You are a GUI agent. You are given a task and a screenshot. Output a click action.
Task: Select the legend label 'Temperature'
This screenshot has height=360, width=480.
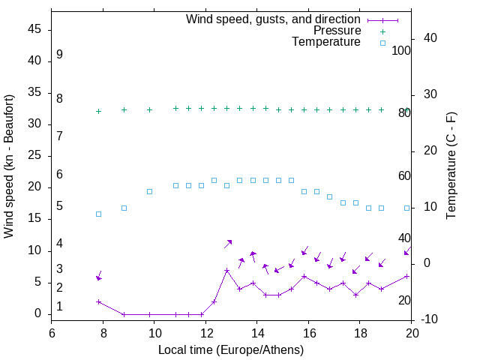click(326, 42)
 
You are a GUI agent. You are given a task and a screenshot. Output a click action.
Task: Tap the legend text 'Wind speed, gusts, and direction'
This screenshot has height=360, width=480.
click(273, 19)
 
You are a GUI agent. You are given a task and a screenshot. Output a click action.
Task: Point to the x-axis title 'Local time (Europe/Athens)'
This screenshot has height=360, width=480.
click(231, 350)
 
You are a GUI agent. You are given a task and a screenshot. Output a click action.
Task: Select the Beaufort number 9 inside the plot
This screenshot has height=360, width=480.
click(59, 55)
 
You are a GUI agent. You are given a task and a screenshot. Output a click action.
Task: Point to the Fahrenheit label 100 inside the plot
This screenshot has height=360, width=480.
click(401, 51)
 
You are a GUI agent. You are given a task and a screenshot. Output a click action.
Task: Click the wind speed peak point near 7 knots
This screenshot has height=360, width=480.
click(226, 270)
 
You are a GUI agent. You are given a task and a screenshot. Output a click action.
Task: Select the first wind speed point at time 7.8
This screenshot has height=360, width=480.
click(98, 301)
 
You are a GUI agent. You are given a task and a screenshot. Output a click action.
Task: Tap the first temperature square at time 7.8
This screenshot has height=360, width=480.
click(98, 214)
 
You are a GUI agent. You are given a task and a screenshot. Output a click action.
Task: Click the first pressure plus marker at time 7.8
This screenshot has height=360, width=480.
click(98, 111)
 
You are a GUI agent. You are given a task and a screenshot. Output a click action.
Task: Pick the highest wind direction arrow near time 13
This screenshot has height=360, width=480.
click(228, 243)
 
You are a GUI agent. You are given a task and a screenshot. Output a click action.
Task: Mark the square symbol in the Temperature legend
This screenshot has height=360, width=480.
click(382, 43)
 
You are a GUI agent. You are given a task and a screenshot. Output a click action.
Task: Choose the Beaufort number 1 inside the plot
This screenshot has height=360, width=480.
click(59, 307)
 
